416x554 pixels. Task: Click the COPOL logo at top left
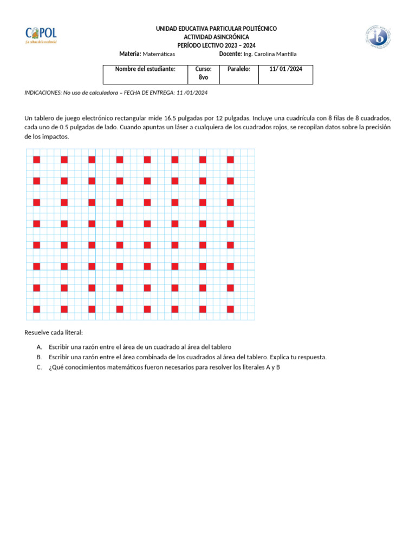coord(41,35)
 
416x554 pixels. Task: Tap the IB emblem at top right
coord(377,37)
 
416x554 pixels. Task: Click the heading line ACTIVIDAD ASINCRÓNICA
coord(216,37)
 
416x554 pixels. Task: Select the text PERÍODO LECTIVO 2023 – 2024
coord(216,45)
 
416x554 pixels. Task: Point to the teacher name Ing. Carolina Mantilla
coord(270,54)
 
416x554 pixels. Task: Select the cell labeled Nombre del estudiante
coord(145,69)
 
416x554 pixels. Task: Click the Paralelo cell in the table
coord(238,69)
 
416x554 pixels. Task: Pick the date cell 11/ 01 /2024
coord(285,69)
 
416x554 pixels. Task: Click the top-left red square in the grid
coord(37,160)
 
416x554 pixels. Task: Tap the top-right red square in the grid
coord(230,160)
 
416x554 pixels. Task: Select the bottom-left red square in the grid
coord(37,309)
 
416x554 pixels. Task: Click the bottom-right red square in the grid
coord(230,309)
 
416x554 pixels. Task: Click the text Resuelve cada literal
coord(54,332)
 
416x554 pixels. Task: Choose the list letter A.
coord(40,347)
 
